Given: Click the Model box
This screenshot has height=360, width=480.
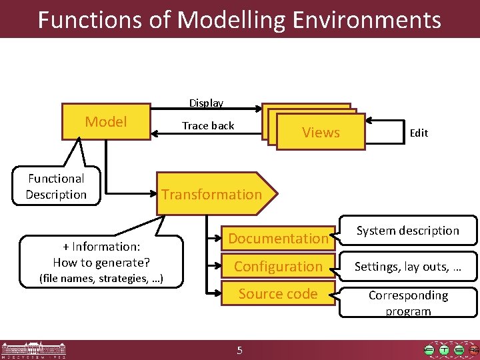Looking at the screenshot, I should [x=106, y=121].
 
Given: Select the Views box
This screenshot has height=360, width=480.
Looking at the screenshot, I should [x=321, y=132].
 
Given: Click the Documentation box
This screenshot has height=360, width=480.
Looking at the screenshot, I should [x=278, y=238].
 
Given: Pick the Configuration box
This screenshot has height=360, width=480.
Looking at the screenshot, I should [x=278, y=266].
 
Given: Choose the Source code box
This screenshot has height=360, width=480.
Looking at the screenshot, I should [x=278, y=293].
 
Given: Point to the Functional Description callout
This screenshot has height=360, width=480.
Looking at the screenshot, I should [x=57, y=187].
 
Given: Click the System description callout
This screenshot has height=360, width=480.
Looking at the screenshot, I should [x=408, y=231].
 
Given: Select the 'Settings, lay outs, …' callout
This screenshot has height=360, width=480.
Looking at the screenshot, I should [x=408, y=267].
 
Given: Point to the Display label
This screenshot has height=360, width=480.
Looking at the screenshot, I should [x=206, y=103].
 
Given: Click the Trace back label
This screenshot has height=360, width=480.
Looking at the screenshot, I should [x=208, y=125].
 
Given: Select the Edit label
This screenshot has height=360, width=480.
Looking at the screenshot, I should [x=419, y=133].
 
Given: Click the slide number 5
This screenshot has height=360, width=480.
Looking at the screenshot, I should [x=240, y=351].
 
